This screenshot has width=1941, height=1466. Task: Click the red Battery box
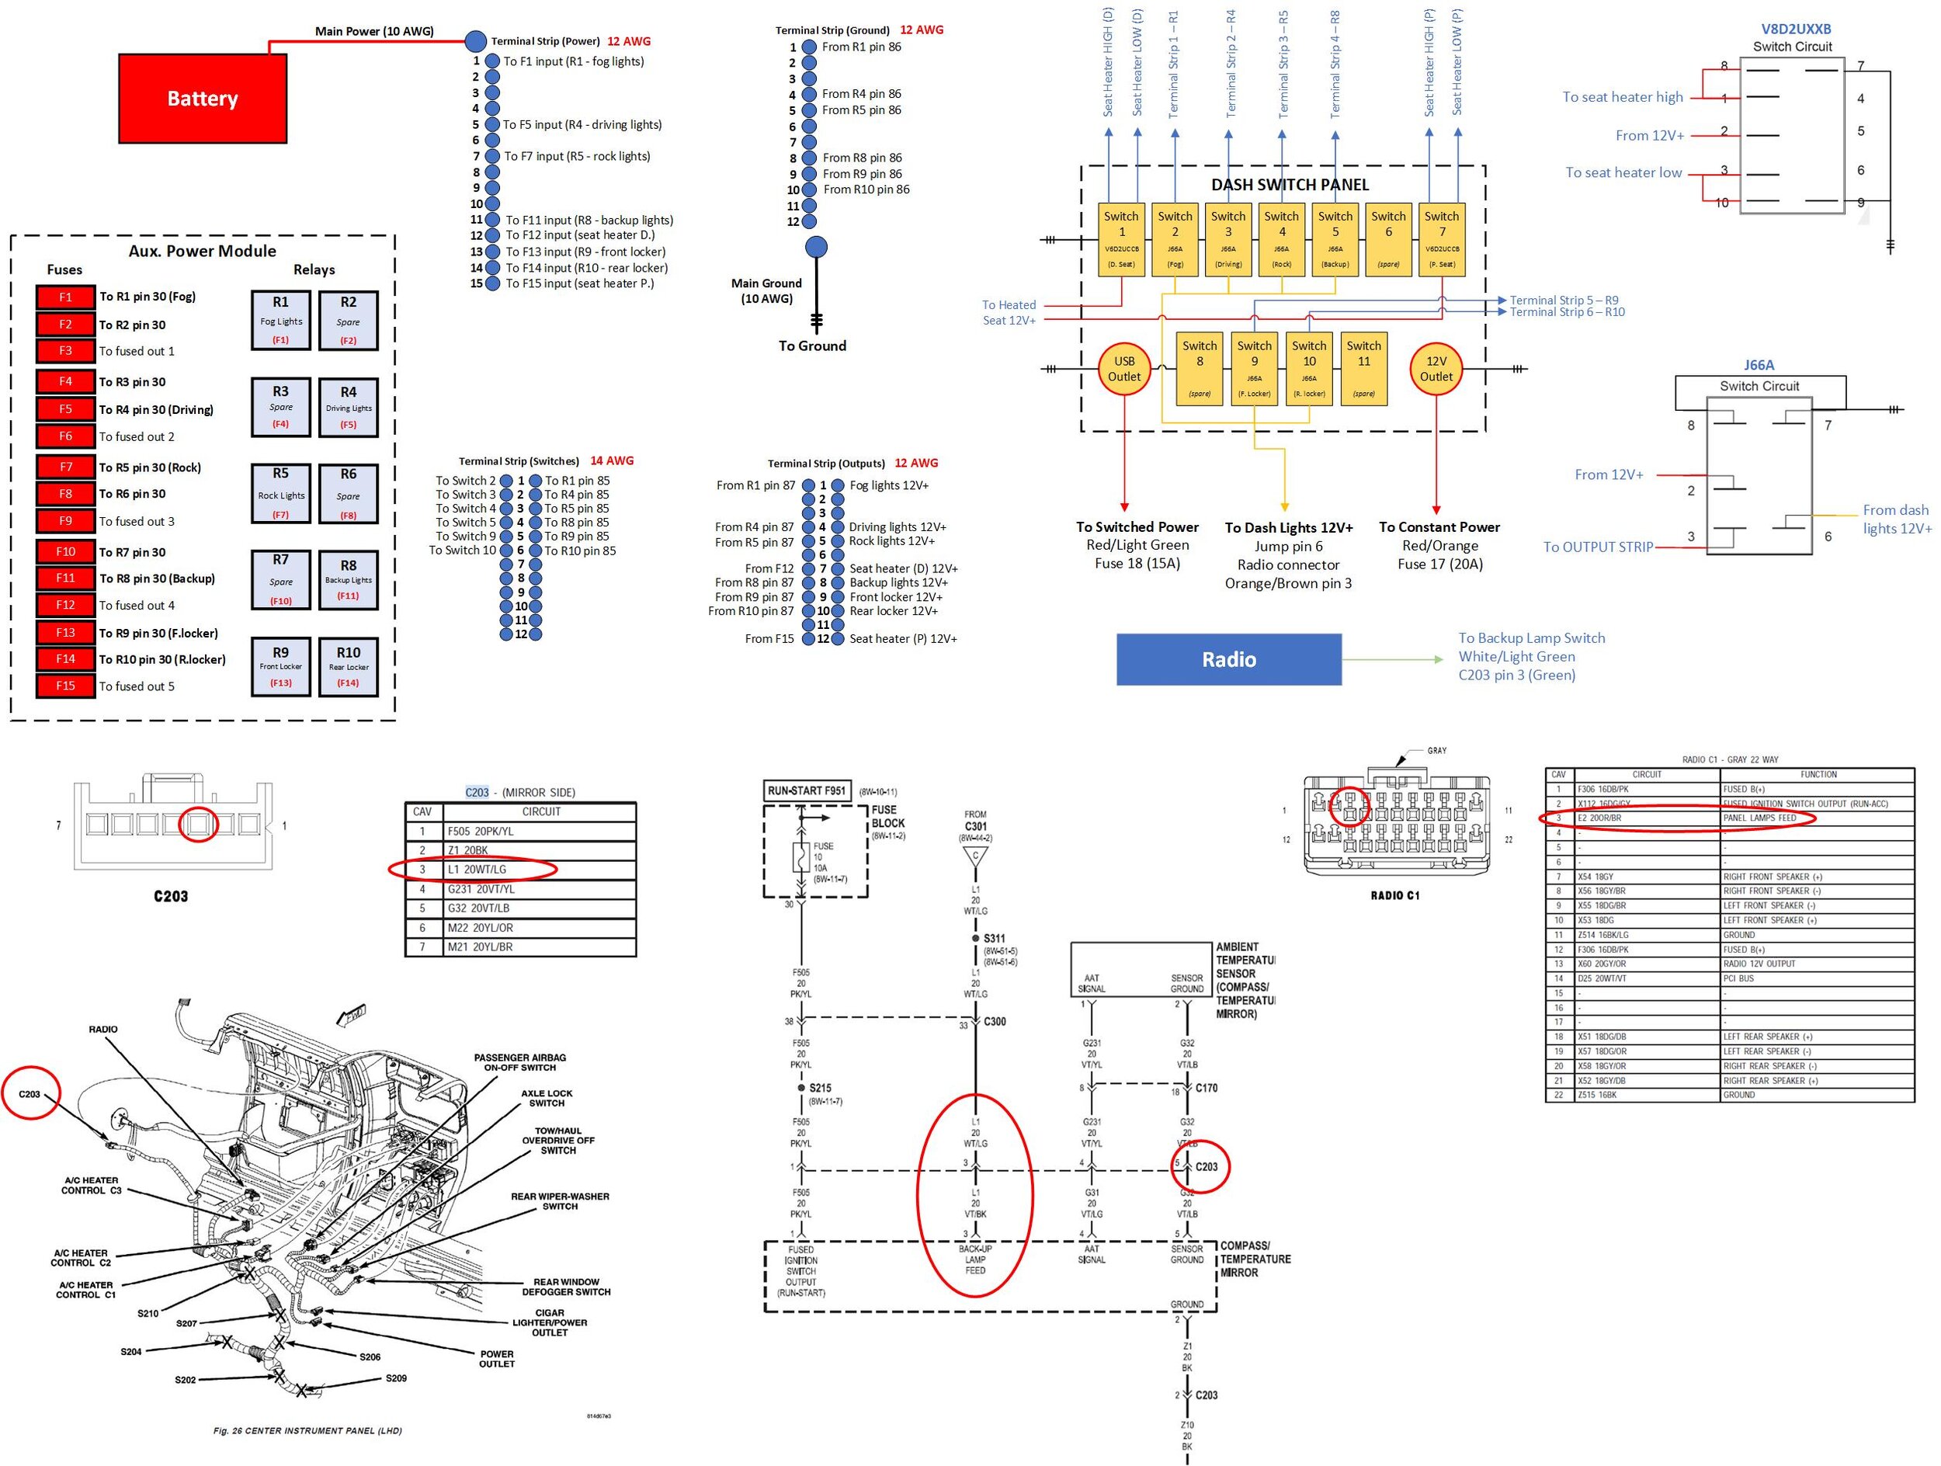pos(202,99)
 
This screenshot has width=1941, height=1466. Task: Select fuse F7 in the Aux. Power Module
pos(66,467)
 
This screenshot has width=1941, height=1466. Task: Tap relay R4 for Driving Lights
pos(349,407)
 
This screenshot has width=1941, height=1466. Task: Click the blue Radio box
pos(1228,659)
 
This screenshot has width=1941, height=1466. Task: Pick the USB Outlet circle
pos(1124,369)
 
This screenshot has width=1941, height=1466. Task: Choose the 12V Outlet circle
pos(1436,369)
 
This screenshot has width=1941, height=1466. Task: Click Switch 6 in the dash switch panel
pos(1388,238)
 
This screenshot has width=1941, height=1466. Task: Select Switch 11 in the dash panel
pos(1363,369)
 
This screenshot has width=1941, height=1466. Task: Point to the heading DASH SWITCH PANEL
pos(1290,184)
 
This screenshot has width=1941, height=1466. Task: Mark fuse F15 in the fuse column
pos(66,685)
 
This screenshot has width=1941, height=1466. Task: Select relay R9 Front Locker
pos(281,667)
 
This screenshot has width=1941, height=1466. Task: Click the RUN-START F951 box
pos(807,790)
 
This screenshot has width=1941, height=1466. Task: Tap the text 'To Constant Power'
pos(1439,527)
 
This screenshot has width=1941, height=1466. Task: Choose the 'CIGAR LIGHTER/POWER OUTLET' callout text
pos(550,1322)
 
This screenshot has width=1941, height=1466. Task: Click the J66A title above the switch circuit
pos(1759,365)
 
